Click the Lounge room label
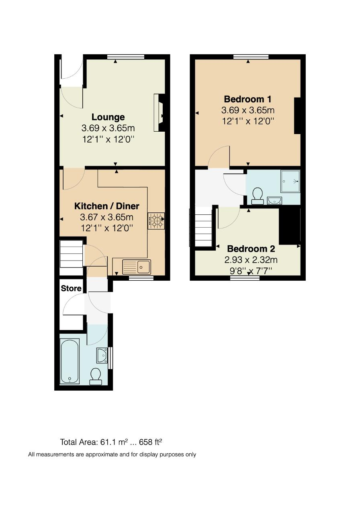[108, 117]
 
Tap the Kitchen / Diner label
[107, 206]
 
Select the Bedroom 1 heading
[248, 99]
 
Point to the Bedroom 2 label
[251, 249]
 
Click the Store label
[71, 288]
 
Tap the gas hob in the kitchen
[156, 221]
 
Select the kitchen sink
[137, 267]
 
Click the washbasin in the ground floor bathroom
[102, 355]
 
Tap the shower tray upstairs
[290, 181]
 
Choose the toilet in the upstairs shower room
[258, 196]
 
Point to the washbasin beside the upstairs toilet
[275, 201]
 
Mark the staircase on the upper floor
[203, 227]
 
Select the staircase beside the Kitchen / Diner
[71, 254]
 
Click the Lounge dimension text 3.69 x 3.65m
[108, 128]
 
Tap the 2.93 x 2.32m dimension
[251, 260]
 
